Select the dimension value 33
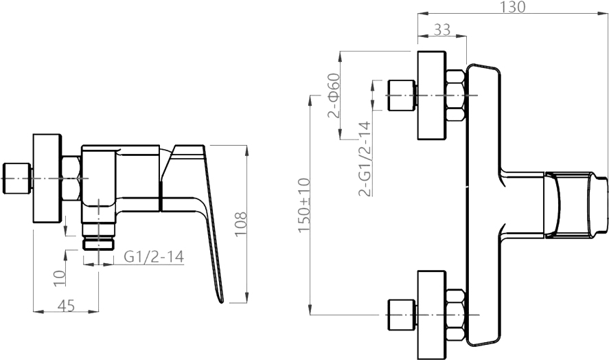point(443,30)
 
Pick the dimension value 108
point(241,223)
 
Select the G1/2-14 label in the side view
point(153,256)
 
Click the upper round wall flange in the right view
point(432,95)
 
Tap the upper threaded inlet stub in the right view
point(402,95)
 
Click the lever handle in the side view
point(199,206)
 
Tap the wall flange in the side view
point(47,179)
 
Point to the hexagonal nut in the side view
point(72,179)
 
